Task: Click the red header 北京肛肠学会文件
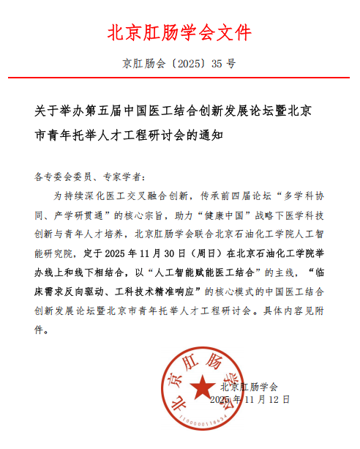point(180,33)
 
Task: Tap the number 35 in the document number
point(217,64)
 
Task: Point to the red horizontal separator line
point(180,77)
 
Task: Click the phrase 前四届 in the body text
point(253,196)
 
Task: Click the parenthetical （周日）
point(192,253)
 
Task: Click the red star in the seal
point(200,387)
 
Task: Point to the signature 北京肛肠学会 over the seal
point(250,386)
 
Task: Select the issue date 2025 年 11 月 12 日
point(250,400)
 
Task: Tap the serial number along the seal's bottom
point(200,423)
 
